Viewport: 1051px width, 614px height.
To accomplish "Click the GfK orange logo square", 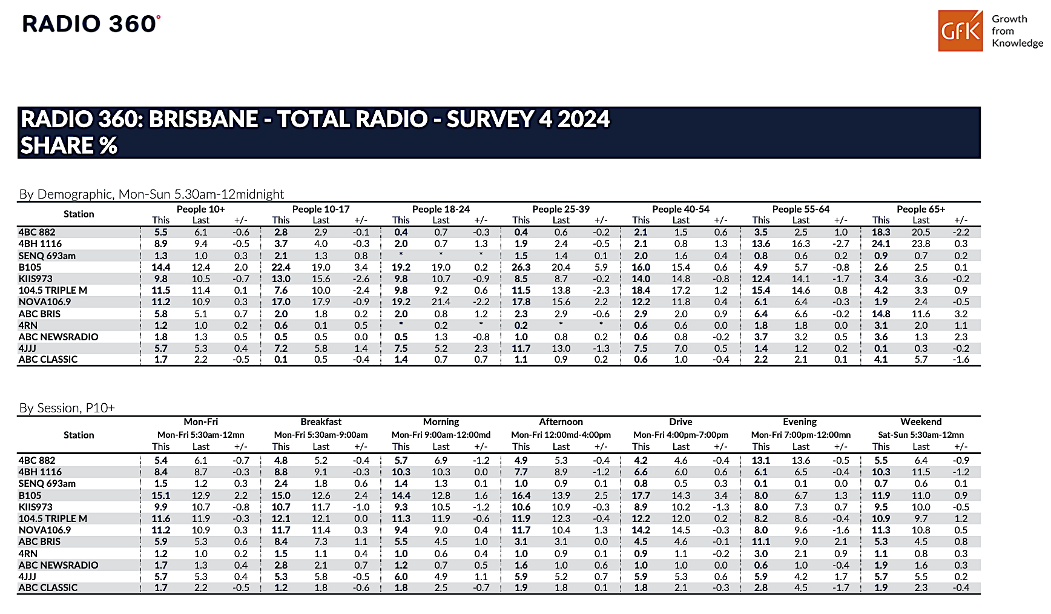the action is (x=961, y=30).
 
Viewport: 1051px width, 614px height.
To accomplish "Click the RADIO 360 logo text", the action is (x=91, y=24).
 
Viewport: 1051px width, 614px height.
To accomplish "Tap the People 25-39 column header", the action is (x=561, y=209).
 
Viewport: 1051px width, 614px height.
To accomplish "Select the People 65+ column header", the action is (x=921, y=209).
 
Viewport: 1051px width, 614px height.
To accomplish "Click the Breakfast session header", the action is (x=321, y=421).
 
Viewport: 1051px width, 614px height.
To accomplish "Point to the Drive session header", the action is (x=680, y=421).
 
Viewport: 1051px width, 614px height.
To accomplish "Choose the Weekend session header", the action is (x=921, y=421).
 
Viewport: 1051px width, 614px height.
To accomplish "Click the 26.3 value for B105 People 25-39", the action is (x=521, y=267).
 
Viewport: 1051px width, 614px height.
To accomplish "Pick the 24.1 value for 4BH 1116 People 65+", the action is (x=881, y=243).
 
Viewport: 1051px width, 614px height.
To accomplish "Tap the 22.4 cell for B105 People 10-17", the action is (x=281, y=267).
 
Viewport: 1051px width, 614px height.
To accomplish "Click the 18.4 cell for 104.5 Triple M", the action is (x=641, y=290).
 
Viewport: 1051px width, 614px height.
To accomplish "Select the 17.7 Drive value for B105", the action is (x=641, y=495).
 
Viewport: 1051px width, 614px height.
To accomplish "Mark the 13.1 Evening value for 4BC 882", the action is (x=761, y=460).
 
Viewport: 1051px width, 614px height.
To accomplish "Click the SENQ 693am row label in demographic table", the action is (x=47, y=256).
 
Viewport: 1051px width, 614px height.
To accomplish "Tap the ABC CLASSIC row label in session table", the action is (x=48, y=587).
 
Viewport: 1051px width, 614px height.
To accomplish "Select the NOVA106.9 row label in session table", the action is (x=45, y=530).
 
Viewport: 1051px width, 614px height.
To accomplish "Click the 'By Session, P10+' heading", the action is (x=67, y=408).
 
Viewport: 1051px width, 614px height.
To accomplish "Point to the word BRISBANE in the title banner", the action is (x=203, y=119).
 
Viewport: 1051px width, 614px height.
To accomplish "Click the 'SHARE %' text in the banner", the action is (x=68, y=145).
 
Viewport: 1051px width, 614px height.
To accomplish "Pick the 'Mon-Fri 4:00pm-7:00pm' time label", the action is (x=680, y=435).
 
